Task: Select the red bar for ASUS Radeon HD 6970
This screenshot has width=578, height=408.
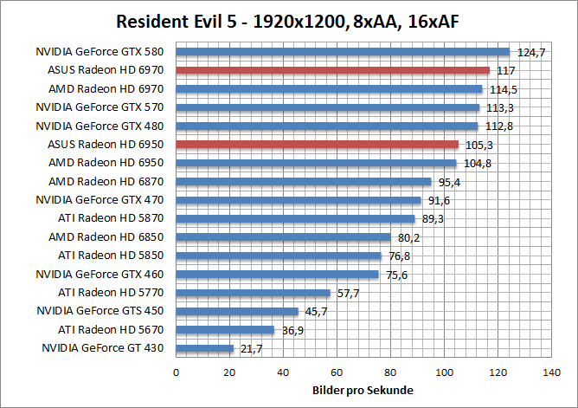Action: click(x=333, y=70)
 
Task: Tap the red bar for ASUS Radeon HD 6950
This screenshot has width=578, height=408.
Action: click(x=318, y=144)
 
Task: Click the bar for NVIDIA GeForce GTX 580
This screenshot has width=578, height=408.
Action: click(x=344, y=52)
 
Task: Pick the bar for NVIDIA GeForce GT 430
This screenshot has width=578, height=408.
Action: click(x=205, y=348)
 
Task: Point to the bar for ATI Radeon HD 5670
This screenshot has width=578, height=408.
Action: click(x=225, y=330)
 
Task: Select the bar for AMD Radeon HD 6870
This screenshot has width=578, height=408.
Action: click(x=304, y=181)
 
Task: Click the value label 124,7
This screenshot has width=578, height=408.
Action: click(x=530, y=53)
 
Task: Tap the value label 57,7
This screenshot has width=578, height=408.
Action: click(x=348, y=293)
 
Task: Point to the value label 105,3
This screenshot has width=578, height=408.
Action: click(x=478, y=145)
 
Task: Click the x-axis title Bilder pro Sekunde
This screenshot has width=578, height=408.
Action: click(x=362, y=390)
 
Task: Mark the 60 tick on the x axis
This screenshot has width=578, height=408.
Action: click(x=337, y=372)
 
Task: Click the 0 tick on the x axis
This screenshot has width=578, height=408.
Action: click(x=177, y=372)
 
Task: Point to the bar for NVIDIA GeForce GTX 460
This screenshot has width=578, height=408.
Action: click(x=278, y=275)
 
